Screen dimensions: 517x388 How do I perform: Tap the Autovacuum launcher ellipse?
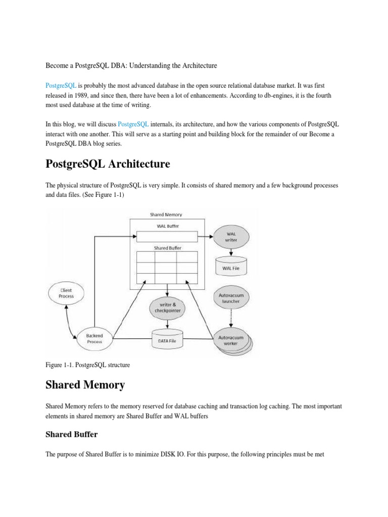point(230,298)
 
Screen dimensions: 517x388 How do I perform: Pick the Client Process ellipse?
point(66,293)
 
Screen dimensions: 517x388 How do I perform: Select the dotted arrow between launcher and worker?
point(230,319)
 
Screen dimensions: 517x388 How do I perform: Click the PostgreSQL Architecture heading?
point(108,164)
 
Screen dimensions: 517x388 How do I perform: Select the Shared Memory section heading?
point(85,385)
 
